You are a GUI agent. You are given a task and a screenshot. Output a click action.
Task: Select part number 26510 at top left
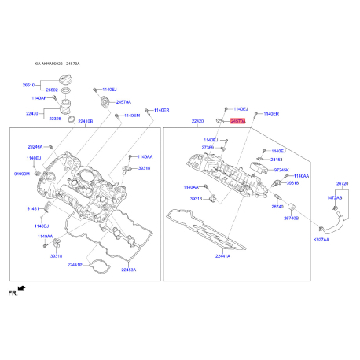point(28,84)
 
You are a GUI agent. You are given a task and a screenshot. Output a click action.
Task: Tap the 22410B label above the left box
point(84,121)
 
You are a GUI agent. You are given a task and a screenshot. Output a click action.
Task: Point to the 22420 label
point(197,122)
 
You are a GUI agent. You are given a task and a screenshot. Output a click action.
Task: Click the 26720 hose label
point(342,183)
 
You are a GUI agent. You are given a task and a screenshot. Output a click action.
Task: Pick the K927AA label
point(321,239)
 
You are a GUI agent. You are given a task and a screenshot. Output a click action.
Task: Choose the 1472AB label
point(335,197)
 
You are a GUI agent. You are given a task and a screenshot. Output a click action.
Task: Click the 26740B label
point(291,218)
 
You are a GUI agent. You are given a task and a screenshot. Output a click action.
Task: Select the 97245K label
point(281,169)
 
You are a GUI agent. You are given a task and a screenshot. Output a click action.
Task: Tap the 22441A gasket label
point(222,255)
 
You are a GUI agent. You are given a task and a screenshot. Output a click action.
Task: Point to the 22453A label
point(128,270)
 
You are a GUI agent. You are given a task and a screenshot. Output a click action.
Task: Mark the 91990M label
point(21,172)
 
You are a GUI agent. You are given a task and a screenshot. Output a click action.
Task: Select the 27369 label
point(208,147)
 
